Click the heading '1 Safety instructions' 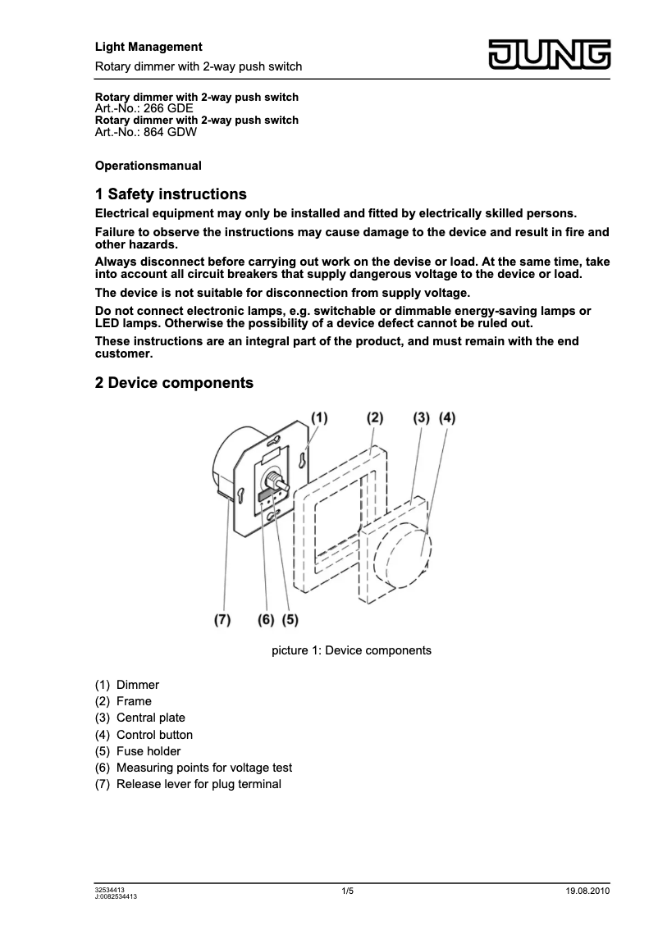click(171, 194)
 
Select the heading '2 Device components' click(174, 383)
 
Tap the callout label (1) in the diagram click(318, 417)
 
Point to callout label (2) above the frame click(374, 417)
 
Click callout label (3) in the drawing click(421, 417)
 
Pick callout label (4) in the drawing click(447, 417)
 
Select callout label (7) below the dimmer click(222, 620)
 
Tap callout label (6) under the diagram click(265, 620)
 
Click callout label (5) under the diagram click(289, 620)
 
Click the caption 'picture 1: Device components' click(351, 650)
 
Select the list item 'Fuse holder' click(149, 751)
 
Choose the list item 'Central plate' click(151, 718)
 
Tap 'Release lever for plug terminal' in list click(199, 784)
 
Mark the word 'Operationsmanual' click(148, 166)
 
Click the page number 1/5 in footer click(347, 891)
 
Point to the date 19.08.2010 click(587, 891)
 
